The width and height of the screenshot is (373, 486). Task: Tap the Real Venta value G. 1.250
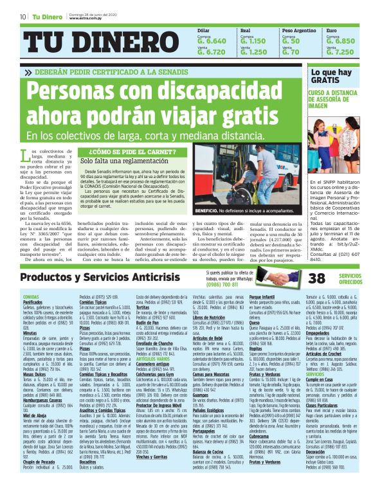point(253,52)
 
